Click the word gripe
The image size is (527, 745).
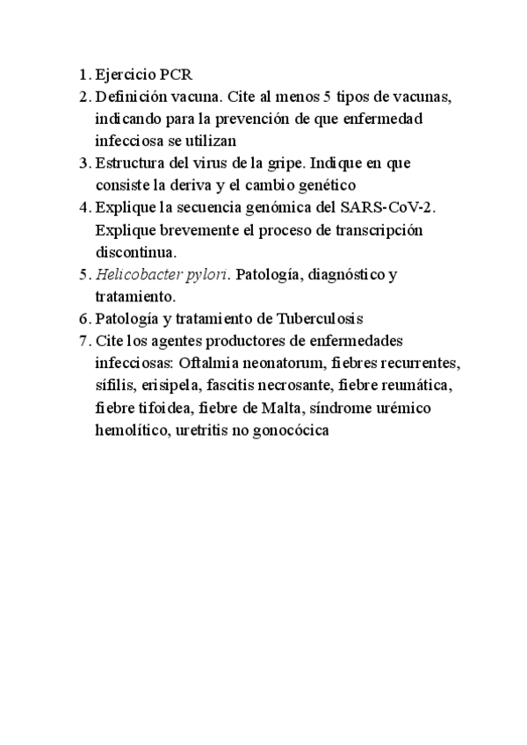pyautogui.click(x=308, y=163)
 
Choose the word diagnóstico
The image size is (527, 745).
pyautogui.click(x=338, y=276)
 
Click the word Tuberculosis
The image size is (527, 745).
pyautogui.click(x=319, y=318)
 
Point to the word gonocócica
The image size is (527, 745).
pyautogui.click(x=291, y=431)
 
